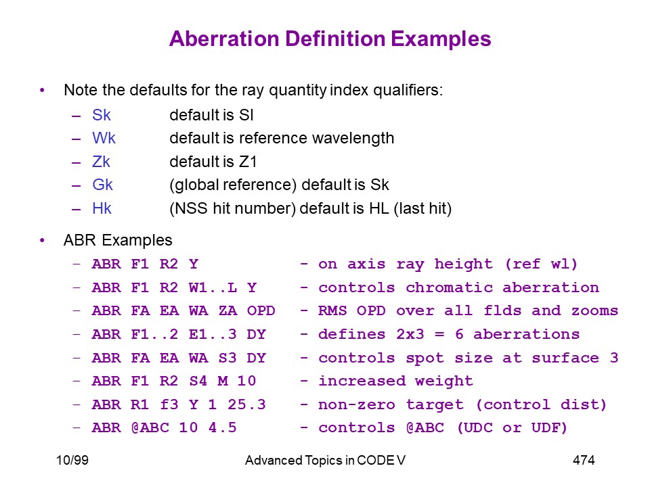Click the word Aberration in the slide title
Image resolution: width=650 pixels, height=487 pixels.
coord(224,39)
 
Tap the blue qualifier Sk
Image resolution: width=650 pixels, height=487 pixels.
coord(102,115)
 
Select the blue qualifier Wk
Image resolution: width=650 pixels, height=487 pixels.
coord(104,138)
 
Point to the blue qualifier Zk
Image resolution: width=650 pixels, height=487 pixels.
coord(101,162)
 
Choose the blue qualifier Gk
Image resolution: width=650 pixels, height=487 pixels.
coord(102,185)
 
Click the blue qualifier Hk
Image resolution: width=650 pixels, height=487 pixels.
coord(102,208)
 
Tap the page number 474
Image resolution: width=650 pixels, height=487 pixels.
coord(584,460)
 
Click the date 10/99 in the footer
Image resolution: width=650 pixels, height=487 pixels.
coord(72,460)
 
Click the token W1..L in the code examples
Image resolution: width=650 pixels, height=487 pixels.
coord(213,287)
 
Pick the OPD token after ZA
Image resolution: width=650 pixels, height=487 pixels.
coord(261,310)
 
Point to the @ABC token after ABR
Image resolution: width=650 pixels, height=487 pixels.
coord(150,427)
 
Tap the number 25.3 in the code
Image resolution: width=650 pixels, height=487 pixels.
coord(246,404)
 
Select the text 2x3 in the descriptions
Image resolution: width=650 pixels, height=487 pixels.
coord(410,334)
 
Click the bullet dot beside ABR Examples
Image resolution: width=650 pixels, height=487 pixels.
coord(42,240)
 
